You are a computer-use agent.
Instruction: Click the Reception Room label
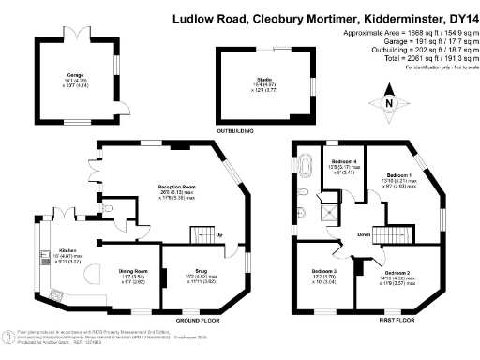[x=175, y=187]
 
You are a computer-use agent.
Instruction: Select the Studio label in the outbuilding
[x=253, y=80]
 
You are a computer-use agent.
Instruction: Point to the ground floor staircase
[x=202, y=233]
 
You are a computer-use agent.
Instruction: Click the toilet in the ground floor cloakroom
[x=110, y=209]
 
